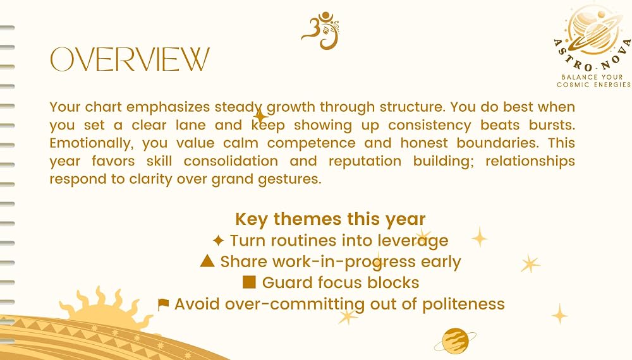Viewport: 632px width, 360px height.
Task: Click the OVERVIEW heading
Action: [130, 59]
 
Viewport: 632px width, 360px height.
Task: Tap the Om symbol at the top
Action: [321, 30]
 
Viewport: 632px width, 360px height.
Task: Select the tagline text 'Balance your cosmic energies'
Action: [593, 81]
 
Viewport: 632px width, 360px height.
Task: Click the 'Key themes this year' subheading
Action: [331, 219]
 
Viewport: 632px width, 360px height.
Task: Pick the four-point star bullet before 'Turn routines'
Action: [218, 241]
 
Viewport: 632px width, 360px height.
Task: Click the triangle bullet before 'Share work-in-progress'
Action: [207, 261]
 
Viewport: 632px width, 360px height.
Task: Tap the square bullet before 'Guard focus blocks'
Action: [249, 282]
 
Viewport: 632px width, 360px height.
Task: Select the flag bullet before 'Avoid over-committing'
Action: [163, 304]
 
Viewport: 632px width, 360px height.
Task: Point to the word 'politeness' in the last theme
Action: [463, 304]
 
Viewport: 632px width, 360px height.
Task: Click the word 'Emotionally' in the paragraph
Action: [92, 143]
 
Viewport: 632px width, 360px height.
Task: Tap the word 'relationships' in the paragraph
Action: [530, 161]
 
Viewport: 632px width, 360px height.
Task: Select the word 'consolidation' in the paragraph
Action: [231, 161]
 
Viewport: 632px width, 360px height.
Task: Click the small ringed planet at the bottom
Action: [455, 341]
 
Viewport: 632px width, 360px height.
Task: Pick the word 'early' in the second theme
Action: [441, 262]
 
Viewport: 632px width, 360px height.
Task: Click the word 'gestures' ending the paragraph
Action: [289, 179]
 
